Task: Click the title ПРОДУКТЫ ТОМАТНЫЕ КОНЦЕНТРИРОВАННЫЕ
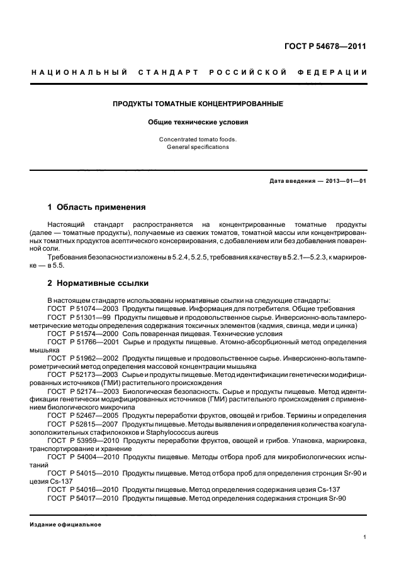(x=198, y=102)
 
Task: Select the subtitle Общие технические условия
(x=198, y=122)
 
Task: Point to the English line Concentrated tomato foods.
(x=198, y=139)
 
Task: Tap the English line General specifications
(x=198, y=147)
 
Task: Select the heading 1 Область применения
(x=97, y=207)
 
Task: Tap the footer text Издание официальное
(x=65, y=525)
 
